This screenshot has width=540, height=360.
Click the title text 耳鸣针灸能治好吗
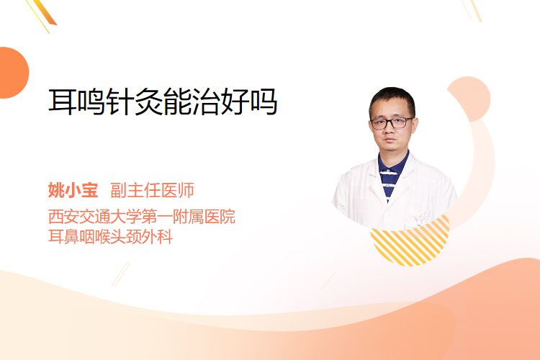[x=163, y=102]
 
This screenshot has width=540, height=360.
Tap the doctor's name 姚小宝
[x=73, y=190]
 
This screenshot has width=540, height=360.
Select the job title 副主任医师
[x=152, y=190]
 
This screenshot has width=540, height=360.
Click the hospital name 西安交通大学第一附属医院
[x=142, y=216]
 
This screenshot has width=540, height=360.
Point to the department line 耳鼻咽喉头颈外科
[x=110, y=237]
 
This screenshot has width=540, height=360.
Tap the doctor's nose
[x=390, y=129]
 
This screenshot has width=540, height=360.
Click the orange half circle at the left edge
[x=13, y=73]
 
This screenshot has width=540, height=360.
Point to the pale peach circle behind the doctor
[x=469, y=99]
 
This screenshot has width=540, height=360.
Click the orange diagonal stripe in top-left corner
[x=45, y=12]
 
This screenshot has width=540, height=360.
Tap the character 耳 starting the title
[x=63, y=102]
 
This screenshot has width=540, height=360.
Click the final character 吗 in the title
[x=264, y=102]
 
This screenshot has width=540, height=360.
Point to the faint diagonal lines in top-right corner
[x=472, y=10]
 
